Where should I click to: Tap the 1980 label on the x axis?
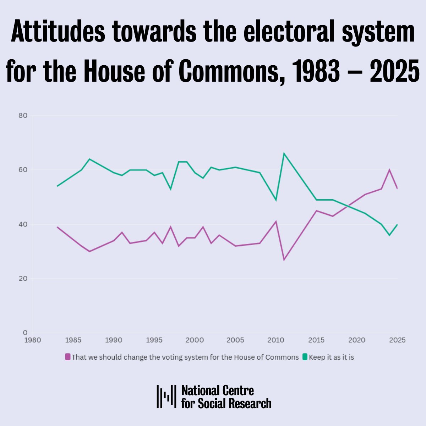[x=32, y=340]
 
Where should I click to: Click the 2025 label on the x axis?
[x=397, y=340]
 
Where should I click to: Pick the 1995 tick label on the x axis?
[x=154, y=340]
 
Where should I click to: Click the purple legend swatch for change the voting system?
[x=68, y=357]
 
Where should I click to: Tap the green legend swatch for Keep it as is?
[x=305, y=357]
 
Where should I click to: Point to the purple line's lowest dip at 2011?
[x=284, y=260]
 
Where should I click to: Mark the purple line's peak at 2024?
[x=389, y=170]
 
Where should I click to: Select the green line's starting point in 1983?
[x=57, y=186]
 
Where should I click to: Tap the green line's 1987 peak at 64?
[x=89, y=159]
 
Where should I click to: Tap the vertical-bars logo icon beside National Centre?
[x=166, y=396]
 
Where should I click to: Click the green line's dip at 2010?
[x=276, y=200]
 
